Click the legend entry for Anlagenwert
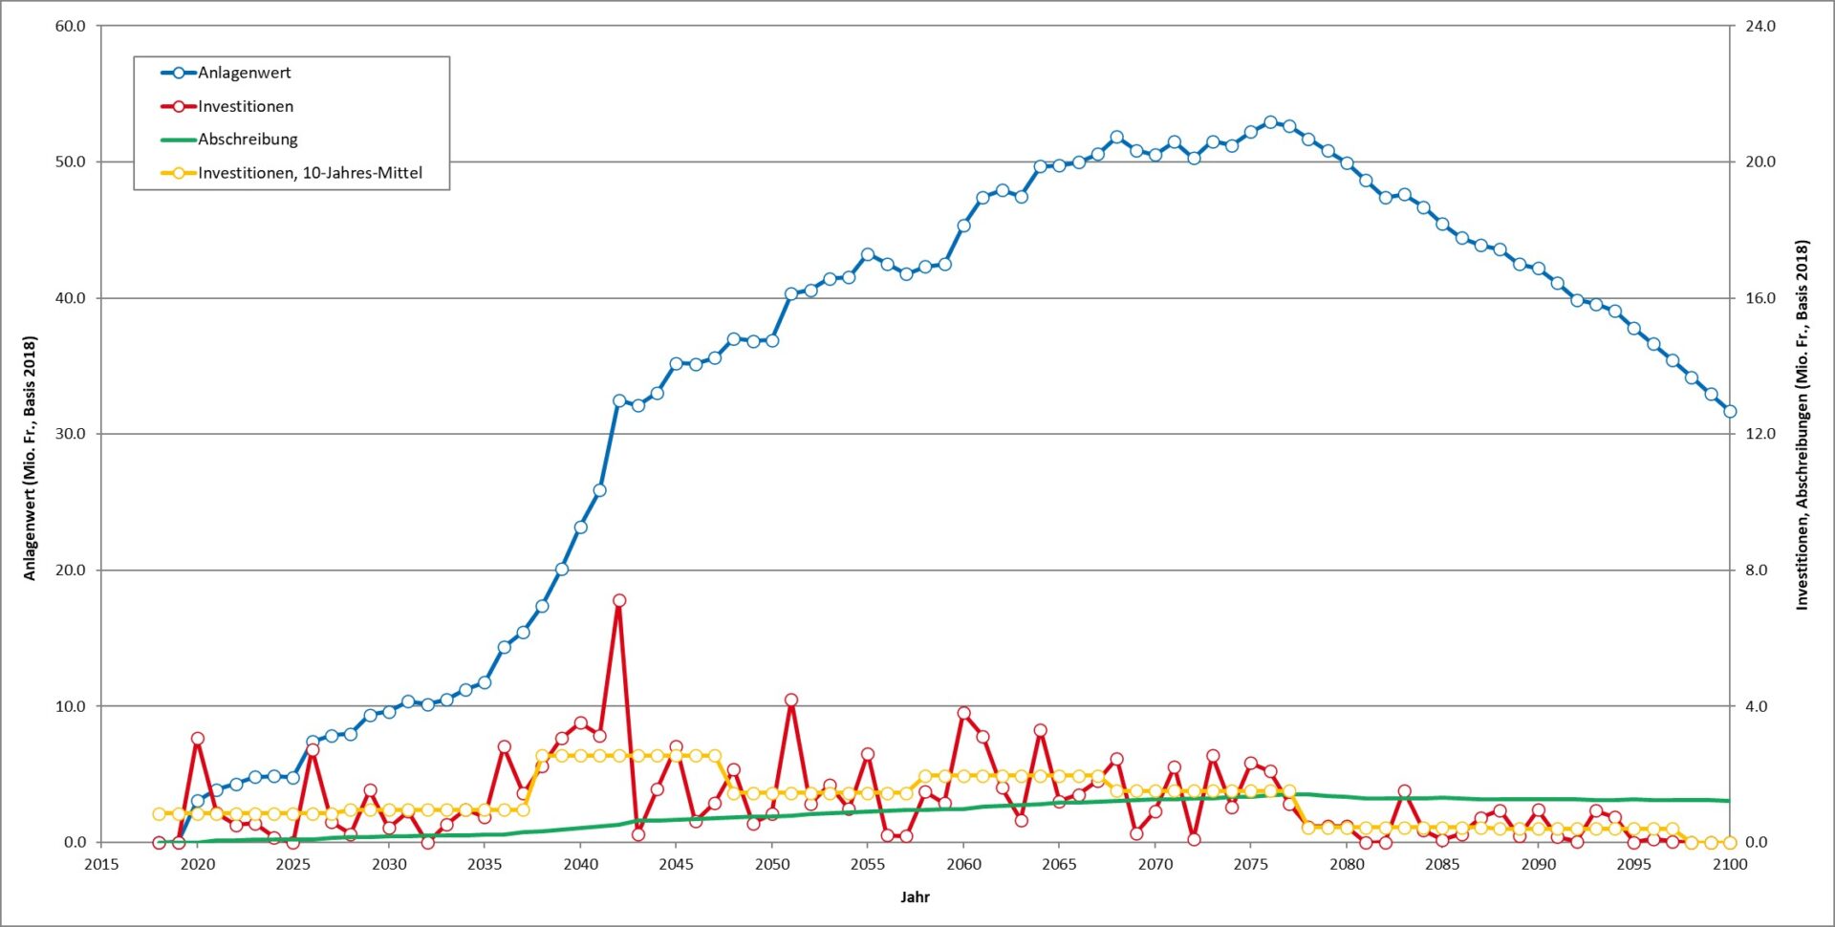tap(244, 73)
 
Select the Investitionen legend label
tap(245, 106)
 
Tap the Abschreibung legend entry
tap(248, 140)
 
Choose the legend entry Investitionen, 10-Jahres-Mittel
tap(310, 173)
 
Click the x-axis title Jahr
tap(915, 897)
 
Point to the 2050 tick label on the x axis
tap(772, 865)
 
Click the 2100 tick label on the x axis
tap(1730, 865)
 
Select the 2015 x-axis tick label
tap(101, 865)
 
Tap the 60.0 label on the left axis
tap(70, 26)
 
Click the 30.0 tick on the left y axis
tap(70, 434)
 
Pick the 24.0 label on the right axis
tap(1759, 26)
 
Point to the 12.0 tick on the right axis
tap(1759, 434)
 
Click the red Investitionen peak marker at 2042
tap(619, 601)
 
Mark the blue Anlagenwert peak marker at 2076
tap(1270, 122)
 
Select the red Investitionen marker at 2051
tap(791, 701)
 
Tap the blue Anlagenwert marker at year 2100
tap(1730, 412)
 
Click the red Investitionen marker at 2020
tap(198, 739)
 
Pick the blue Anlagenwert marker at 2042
tap(619, 401)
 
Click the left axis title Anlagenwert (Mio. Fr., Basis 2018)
tap(30, 459)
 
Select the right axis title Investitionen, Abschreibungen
tap(1802, 425)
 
